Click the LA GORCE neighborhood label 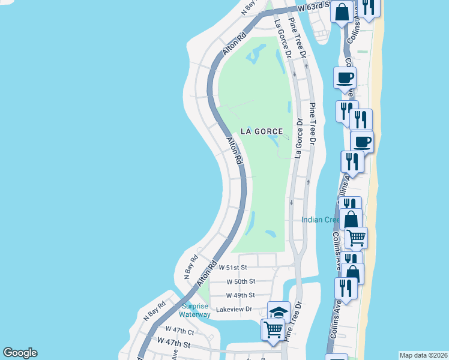tap(261, 131)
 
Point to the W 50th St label tap(241, 281)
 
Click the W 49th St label tap(241, 295)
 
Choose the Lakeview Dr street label tap(235, 309)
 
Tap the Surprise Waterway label tap(196, 310)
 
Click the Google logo tap(20, 353)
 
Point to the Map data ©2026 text tap(423, 355)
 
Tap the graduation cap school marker tap(278, 311)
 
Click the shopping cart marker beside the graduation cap tap(273, 328)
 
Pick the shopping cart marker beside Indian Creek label tap(357, 238)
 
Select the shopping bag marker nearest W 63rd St tap(342, 12)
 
